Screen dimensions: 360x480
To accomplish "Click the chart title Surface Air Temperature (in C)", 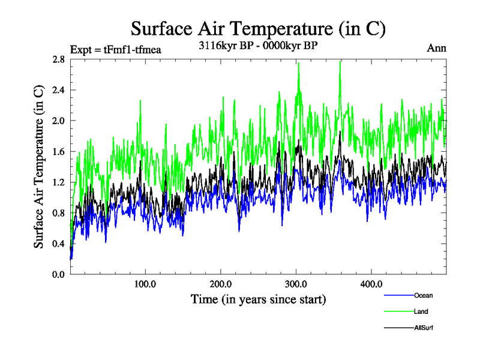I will (258, 28).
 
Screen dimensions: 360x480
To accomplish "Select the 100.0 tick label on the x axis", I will (146, 284).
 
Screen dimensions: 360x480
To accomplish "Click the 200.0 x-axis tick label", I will (221, 284).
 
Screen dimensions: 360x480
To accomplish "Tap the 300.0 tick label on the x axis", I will (296, 284).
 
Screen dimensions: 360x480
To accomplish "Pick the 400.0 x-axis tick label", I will (371, 284).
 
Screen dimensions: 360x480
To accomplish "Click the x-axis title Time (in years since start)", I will (258, 299).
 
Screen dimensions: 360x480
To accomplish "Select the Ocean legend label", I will (424, 295).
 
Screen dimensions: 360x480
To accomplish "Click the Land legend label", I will (421, 312).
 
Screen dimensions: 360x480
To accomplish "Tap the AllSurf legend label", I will (424, 328).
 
